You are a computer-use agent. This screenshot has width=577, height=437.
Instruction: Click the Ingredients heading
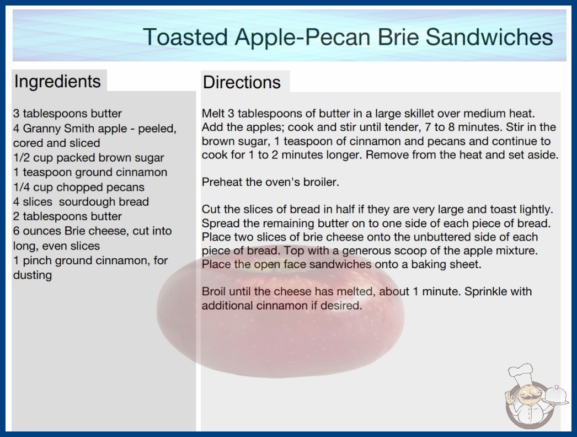click(x=57, y=82)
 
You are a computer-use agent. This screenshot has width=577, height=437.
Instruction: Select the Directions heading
click(x=242, y=82)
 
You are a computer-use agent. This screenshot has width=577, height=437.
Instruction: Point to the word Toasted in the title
click(x=185, y=37)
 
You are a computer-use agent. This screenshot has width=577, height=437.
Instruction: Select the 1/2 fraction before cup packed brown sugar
click(x=22, y=158)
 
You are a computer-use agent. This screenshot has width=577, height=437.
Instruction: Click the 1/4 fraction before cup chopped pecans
click(x=22, y=187)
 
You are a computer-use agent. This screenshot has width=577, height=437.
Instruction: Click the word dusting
click(x=33, y=275)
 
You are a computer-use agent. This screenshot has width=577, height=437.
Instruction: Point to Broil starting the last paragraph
click(x=214, y=291)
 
